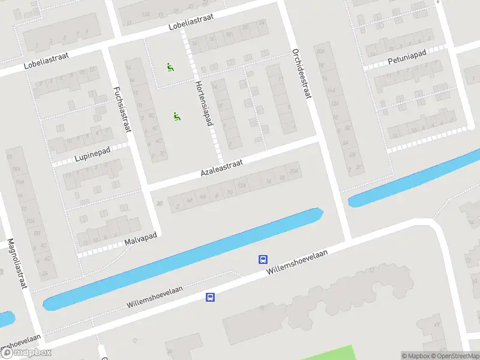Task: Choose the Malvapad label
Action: [x=140, y=239]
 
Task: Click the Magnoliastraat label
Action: [x=17, y=264]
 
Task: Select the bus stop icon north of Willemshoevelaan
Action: [x=263, y=259]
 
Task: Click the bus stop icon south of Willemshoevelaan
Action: [x=210, y=297]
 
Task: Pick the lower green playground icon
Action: [x=176, y=117]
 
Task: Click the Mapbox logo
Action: [x=26, y=353]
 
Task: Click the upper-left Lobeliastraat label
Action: [x=47, y=62]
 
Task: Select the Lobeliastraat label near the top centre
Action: [x=190, y=23]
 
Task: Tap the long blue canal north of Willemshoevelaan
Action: [x=180, y=259]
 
